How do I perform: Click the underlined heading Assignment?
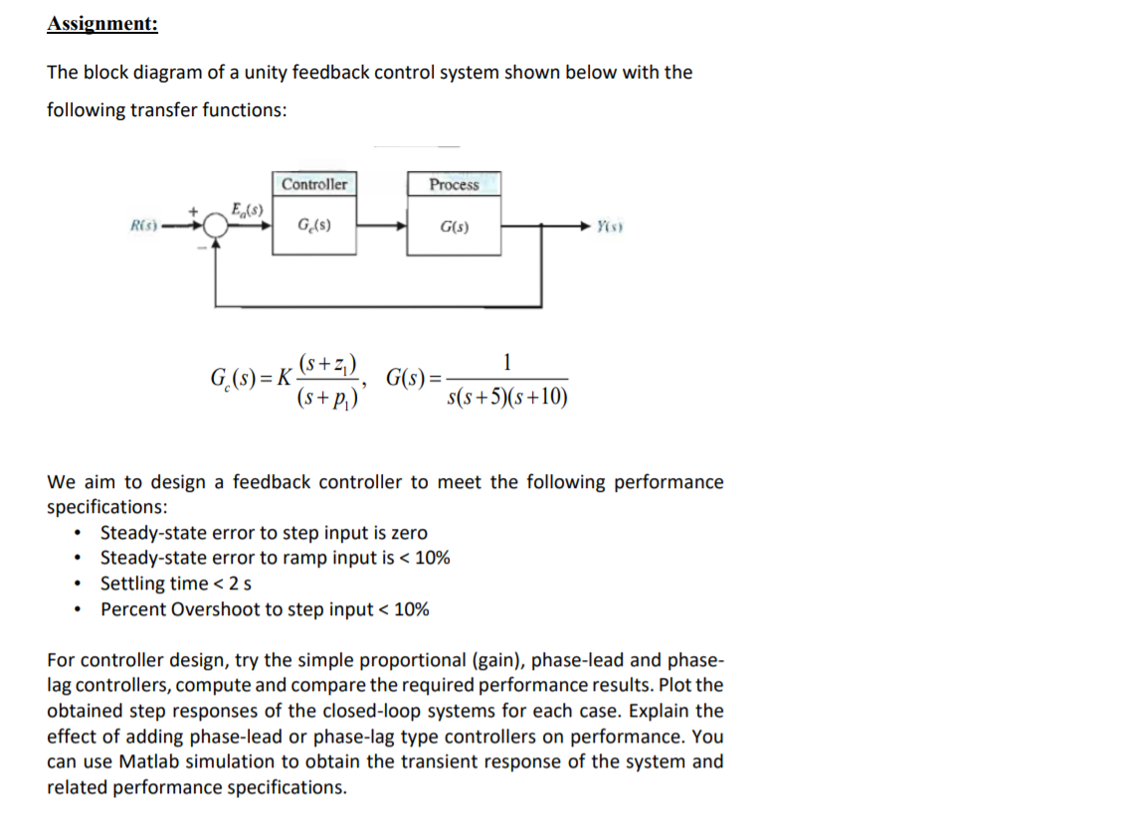point(101,24)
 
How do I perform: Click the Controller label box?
point(314,184)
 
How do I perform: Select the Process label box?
point(454,185)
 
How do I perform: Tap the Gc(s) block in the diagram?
point(314,227)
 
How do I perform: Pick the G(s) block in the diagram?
point(454,227)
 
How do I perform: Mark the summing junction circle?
point(213,226)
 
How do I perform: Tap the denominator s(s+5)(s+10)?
point(508,399)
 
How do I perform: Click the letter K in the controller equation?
point(285,379)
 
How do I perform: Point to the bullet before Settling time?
point(77,583)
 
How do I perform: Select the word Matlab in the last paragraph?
point(149,761)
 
